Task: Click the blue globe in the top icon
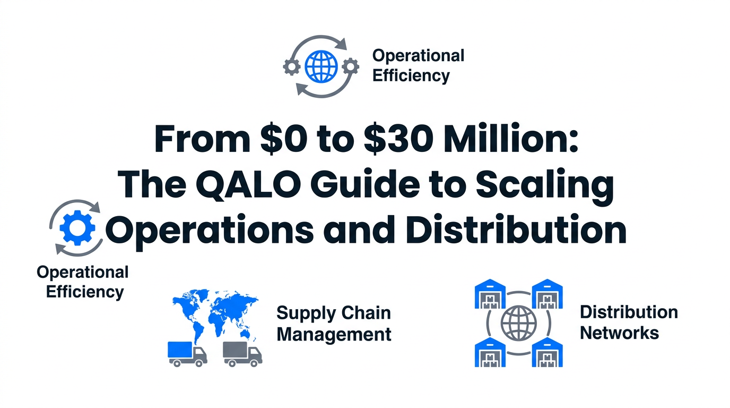(321, 66)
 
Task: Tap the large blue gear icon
(77, 228)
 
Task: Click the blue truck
(187, 354)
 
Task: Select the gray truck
(242, 354)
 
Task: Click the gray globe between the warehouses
(518, 323)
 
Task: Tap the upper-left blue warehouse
(490, 294)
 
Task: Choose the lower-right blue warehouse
(547, 352)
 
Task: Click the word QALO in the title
(248, 184)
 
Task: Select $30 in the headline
(398, 139)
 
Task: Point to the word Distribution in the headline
(516, 229)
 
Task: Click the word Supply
(306, 313)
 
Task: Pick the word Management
(334, 335)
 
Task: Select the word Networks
(619, 333)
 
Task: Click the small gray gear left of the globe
(292, 67)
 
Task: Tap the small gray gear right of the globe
(351, 66)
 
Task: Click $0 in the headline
(283, 139)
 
